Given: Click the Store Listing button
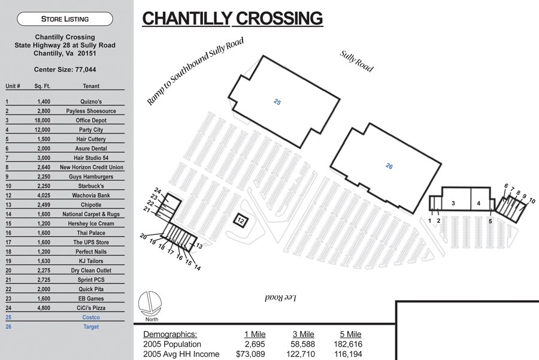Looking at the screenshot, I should [x=65, y=19].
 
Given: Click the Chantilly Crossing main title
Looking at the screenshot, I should [x=232, y=19].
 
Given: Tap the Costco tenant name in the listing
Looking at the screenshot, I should [x=91, y=317].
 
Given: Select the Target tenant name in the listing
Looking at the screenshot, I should [x=91, y=327].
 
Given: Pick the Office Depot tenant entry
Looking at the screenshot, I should [x=91, y=120].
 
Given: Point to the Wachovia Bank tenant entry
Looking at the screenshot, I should [x=91, y=195].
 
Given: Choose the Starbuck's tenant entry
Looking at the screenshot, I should [x=91, y=186].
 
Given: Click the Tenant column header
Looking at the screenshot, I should [x=91, y=86].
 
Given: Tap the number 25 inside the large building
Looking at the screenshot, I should [x=277, y=102].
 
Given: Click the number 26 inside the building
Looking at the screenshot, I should [x=389, y=166].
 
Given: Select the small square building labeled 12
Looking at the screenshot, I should [x=240, y=220].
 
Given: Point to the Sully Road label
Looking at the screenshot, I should [x=357, y=61].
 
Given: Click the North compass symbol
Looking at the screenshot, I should [x=149, y=303].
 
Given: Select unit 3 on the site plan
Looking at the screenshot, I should [x=454, y=204].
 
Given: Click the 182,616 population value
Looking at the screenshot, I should [x=347, y=344].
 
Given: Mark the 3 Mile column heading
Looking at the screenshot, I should [x=303, y=334].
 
